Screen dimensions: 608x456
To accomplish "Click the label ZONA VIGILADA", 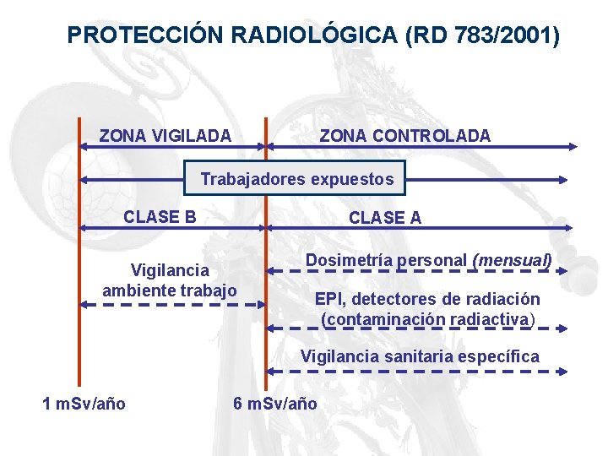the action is point(165,135).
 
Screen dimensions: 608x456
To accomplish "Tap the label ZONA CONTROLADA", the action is point(404,135).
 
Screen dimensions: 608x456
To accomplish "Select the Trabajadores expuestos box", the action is point(296,179).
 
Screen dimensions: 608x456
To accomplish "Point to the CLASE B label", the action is point(160,216).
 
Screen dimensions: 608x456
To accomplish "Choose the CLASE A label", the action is point(385,218).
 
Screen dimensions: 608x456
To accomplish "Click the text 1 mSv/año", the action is point(84,404).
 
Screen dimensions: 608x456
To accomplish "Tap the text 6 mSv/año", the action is point(275,404).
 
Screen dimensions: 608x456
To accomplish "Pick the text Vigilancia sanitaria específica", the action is point(420,356).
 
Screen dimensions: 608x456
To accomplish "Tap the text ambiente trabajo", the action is point(169,290).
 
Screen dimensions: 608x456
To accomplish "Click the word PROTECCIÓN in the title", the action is point(145,35).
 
